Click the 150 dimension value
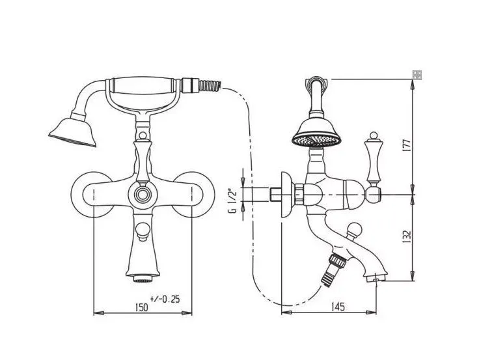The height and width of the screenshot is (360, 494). pyautogui.click(x=141, y=307)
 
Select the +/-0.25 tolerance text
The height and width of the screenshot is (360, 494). pyautogui.click(x=165, y=299)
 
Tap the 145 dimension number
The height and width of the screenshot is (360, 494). pyautogui.click(x=338, y=306)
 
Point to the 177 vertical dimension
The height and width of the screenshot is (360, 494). pyautogui.click(x=407, y=145)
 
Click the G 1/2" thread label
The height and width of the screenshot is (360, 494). pyautogui.click(x=233, y=201)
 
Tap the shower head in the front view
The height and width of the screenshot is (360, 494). pyautogui.click(x=72, y=132)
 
